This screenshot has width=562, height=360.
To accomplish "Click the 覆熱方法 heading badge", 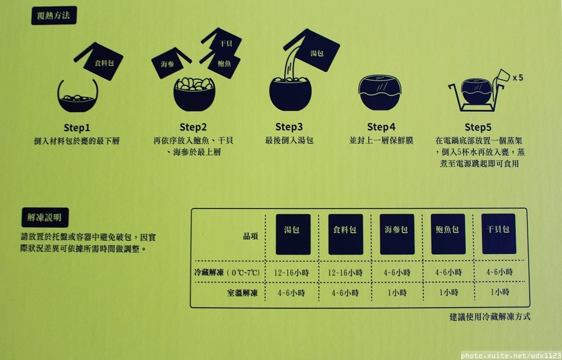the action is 54,16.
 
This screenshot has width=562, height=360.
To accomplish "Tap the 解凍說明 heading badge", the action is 45,217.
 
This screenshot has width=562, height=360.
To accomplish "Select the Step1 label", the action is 77,128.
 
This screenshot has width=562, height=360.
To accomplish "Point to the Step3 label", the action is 289,127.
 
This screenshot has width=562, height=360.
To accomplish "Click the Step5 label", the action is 478,127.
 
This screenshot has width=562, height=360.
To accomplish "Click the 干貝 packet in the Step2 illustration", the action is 222,42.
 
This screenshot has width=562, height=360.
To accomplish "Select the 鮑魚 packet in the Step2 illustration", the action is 222,64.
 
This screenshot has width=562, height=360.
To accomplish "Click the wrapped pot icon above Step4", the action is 380,92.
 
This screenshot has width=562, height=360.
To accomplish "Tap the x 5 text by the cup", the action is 518,77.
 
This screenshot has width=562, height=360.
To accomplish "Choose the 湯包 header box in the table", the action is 293,234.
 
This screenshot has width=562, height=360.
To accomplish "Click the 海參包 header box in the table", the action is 397,234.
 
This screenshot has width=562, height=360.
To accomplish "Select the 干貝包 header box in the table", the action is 498,233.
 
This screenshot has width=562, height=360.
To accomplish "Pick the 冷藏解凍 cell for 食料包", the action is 345,273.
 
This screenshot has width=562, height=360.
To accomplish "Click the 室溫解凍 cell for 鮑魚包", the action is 449,293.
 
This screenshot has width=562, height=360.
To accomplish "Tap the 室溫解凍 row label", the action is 242,293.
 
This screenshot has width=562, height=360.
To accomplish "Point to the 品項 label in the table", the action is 250,236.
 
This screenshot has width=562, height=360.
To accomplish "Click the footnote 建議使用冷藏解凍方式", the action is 490,317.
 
